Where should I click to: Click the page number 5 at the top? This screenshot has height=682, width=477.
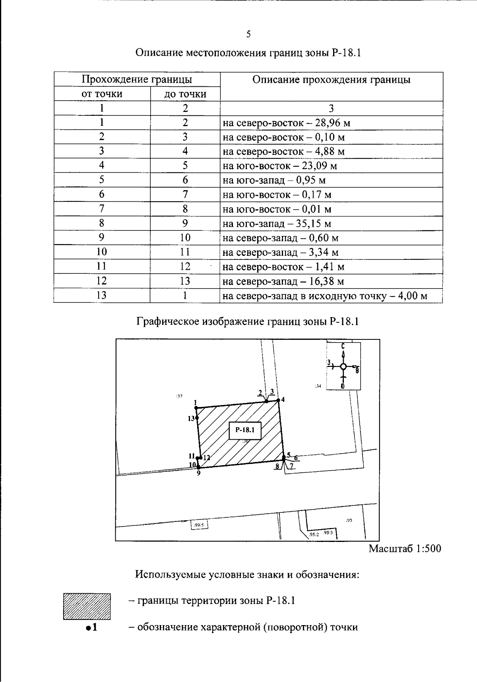click(248, 34)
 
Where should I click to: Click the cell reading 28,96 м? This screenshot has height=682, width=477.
click(286, 123)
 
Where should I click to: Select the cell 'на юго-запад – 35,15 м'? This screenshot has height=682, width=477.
click(277, 224)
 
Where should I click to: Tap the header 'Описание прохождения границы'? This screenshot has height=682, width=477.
click(331, 80)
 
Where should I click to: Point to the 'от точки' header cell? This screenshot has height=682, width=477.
click(102, 94)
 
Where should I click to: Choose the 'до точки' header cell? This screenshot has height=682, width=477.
click(185, 94)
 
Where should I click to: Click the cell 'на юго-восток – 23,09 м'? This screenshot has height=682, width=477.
click(279, 166)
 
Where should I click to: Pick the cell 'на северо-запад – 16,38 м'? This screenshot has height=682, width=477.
click(283, 281)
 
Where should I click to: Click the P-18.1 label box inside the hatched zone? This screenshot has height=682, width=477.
click(245, 430)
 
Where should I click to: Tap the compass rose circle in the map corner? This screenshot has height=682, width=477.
click(343, 367)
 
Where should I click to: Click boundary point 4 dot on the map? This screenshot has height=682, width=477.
click(278, 400)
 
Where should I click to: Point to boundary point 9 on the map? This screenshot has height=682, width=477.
click(198, 468)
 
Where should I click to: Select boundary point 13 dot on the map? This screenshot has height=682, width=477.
click(197, 417)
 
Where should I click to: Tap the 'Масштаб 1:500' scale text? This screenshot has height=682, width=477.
click(405, 548)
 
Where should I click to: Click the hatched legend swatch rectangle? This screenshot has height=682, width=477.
click(87, 606)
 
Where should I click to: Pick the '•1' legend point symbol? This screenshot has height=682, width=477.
click(91, 628)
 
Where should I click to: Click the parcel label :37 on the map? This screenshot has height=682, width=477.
click(179, 396)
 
